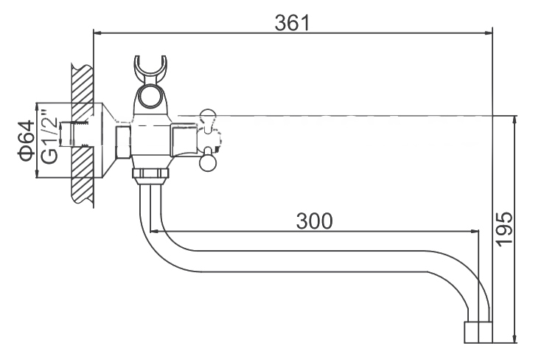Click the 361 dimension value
tap(292, 23)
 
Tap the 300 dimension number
tap(314, 221)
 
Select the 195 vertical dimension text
tap(503, 229)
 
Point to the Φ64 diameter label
tap(27, 141)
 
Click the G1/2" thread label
tap(49, 136)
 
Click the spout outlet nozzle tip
tap(478, 332)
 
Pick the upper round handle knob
tap(207, 117)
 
